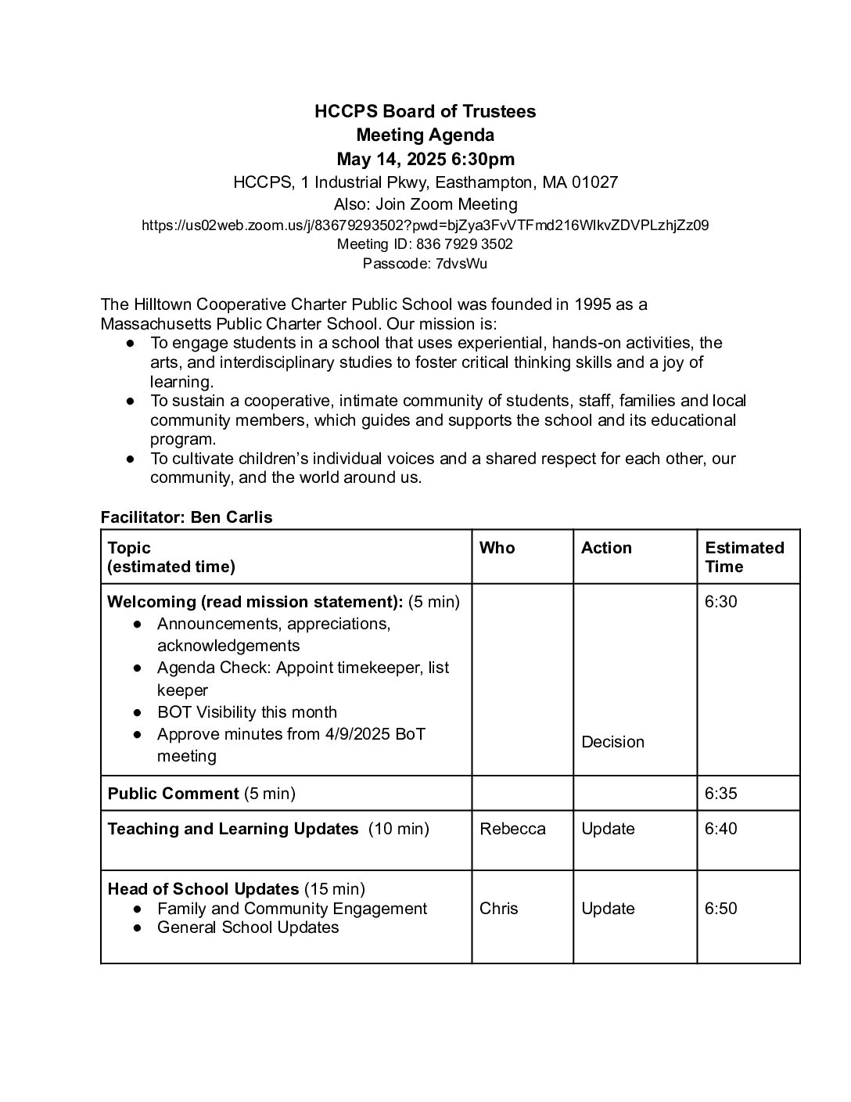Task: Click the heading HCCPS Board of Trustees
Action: click(x=425, y=111)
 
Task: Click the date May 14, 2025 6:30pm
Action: click(x=425, y=160)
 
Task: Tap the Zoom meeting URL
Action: click(x=425, y=225)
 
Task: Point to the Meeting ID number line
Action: click(x=425, y=244)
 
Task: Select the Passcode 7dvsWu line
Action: click(x=425, y=264)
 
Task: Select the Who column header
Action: click(x=497, y=548)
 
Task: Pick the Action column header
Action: click(x=605, y=548)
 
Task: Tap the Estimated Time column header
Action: click(x=744, y=556)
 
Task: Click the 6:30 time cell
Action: click(x=720, y=602)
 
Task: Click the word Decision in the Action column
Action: click(x=612, y=742)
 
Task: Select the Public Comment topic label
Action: click(x=173, y=794)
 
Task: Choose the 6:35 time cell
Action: click(x=720, y=794)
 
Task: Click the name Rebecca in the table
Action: click(x=512, y=829)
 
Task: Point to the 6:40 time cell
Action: click(x=720, y=829)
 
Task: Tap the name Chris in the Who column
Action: click(x=499, y=909)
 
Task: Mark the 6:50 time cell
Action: click(x=720, y=909)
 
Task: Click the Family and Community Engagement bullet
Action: click(x=292, y=909)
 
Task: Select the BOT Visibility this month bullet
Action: click(x=246, y=712)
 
